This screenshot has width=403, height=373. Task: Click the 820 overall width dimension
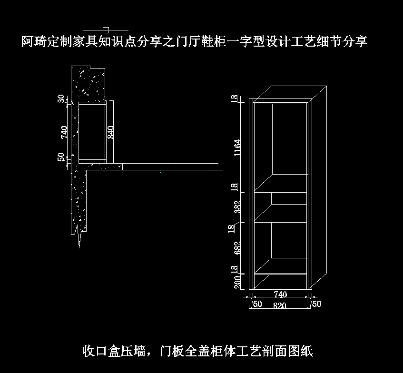tap(280, 306)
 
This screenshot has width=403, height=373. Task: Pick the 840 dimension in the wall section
tap(110, 131)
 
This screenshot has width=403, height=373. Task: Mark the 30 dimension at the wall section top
tap(61, 98)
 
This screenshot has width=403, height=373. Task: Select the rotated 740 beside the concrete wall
tap(64, 132)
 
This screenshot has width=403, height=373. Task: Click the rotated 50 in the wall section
tap(61, 157)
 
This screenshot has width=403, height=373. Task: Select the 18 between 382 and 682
tap(231, 228)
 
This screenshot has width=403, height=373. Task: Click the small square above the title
tap(106, 30)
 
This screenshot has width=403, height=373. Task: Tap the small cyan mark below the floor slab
tap(162, 174)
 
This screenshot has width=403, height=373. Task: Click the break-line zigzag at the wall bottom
tap(79, 237)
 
